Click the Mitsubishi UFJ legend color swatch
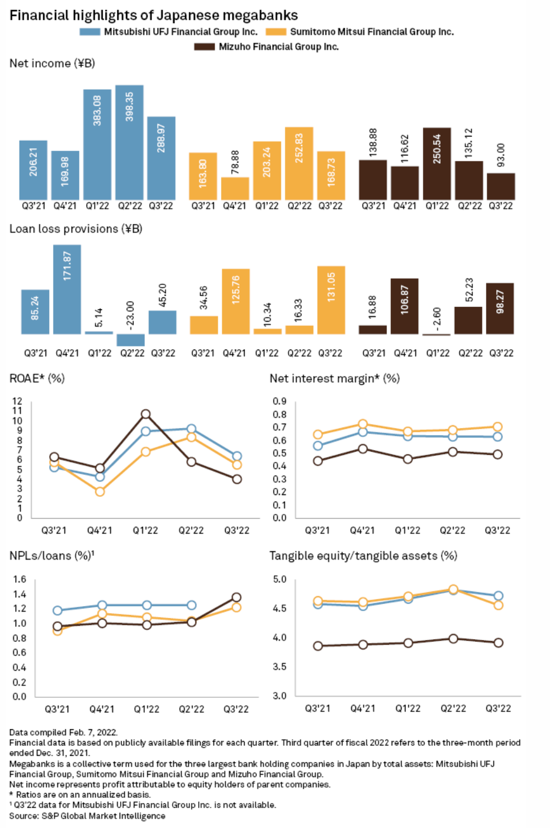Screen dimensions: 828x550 (90, 32)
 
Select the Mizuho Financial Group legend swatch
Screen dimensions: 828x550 (204, 47)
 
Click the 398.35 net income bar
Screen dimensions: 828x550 (130, 142)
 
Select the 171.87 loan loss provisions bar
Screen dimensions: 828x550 (67, 289)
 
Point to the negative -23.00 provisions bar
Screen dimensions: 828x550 (131, 340)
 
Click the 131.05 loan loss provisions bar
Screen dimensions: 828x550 (331, 300)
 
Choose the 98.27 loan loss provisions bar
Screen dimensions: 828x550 (500, 308)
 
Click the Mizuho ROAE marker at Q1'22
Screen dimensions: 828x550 (145, 414)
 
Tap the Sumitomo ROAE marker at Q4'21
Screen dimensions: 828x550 (100, 491)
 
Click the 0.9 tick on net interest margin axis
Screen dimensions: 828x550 (279, 401)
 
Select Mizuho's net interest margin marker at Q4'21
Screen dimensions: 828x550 (363, 449)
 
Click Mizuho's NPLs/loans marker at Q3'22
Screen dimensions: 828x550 (237, 597)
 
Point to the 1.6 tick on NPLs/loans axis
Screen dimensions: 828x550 (20, 579)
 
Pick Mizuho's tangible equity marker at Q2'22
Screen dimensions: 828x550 (453, 639)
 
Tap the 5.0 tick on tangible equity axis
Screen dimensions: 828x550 (279, 579)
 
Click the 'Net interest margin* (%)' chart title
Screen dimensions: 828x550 (334, 379)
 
